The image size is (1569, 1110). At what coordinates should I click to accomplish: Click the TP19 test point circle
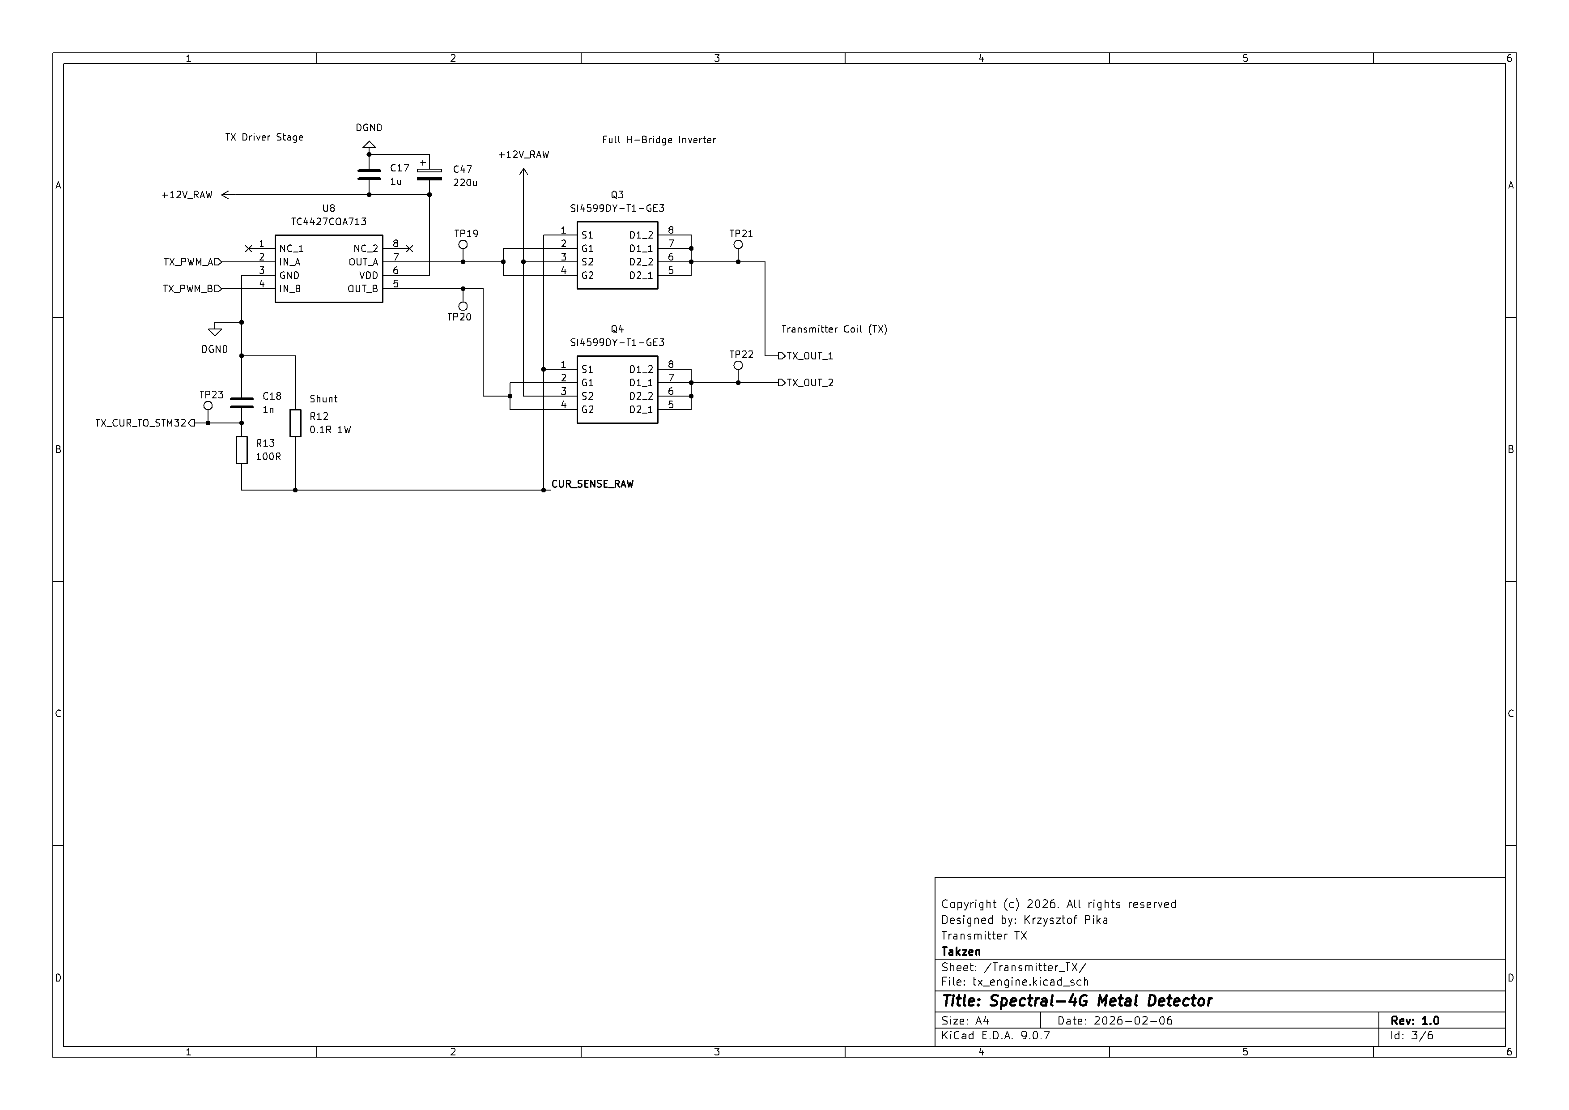pyautogui.click(x=463, y=245)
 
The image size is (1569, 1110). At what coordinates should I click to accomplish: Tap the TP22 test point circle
pyautogui.click(x=738, y=366)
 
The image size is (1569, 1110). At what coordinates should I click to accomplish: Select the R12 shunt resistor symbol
pyautogui.click(x=295, y=423)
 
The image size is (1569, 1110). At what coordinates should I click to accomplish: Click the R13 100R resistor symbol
pyautogui.click(x=242, y=450)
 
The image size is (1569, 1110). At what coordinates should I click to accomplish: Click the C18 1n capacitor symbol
pyautogui.click(x=242, y=402)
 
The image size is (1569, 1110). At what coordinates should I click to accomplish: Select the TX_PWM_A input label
pyautogui.click(x=192, y=262)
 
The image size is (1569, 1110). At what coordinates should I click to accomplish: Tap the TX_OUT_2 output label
pyautogui.click(x=806, y=383)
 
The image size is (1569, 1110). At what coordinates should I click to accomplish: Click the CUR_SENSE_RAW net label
pyautogui.click(x=592, y=484)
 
